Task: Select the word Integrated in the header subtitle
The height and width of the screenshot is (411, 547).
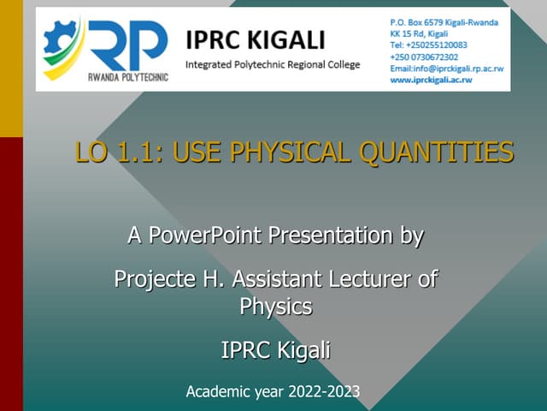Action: pyautogui.click(x=212, y=64)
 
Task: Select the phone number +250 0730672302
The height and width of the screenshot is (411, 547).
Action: pyautogui.click(x=428, y=56)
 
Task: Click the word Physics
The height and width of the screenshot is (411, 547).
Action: pyautogui.click(x=275, y=306)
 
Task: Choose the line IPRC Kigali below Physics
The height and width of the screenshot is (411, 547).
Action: pyautogui.click(x=275, y=350)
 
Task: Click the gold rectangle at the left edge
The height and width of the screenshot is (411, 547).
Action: pyautogui.click(x=10, y=68)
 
